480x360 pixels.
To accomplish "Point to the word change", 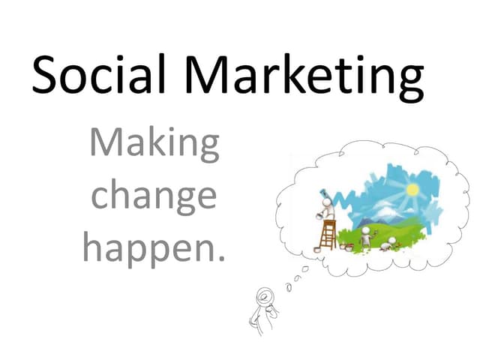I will coord(154,197).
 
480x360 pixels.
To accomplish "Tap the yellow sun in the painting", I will coord(411,189).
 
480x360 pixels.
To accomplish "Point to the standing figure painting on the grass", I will coord(365,237).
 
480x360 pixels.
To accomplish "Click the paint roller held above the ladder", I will coord(320,192).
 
